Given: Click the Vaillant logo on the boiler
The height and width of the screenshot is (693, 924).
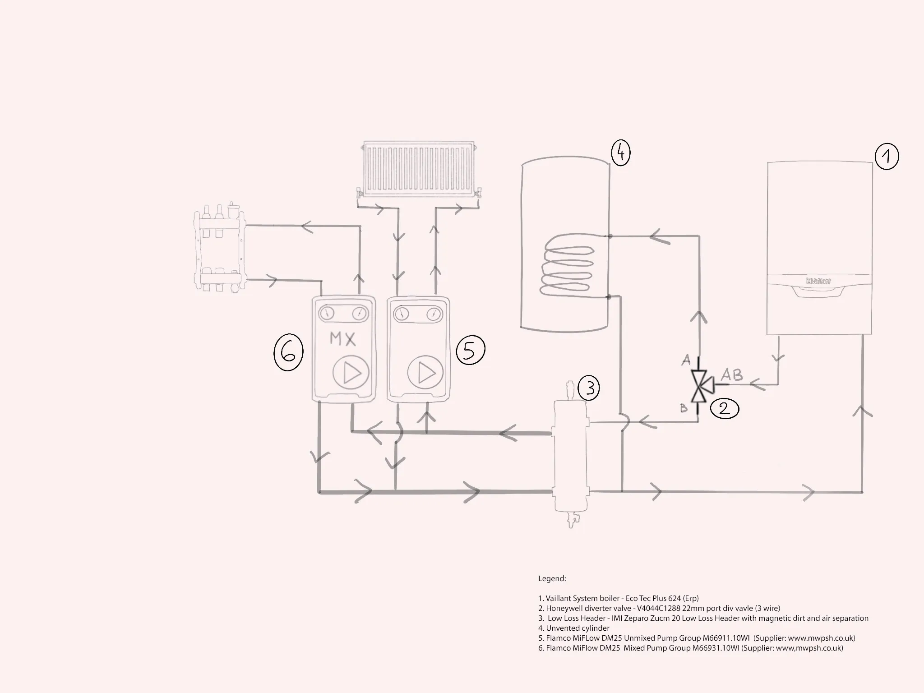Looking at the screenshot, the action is tap(818, 281).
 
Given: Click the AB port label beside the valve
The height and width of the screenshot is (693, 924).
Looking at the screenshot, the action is tap(731, 374).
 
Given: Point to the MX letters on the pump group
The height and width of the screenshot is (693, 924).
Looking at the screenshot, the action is tap(342, 339).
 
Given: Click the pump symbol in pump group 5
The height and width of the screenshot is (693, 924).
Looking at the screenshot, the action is tap(425, 373).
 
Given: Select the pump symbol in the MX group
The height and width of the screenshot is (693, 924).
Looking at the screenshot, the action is tap(351, 373).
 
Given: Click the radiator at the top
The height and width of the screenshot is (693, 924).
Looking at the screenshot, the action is tap(419, 170).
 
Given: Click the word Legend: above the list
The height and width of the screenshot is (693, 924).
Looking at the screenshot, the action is tap(552, 578).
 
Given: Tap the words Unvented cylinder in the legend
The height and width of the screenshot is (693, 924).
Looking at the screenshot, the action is tap(577, 628).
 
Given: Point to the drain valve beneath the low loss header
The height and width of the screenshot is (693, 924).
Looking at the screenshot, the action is tap(572, 519).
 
